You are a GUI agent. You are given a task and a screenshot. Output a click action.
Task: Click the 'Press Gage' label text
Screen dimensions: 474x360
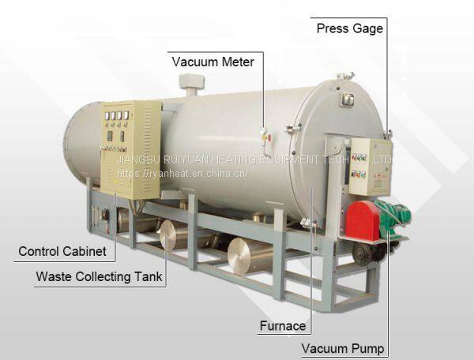click(x=349, y=29)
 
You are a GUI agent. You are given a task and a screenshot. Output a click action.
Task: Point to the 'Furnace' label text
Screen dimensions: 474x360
click(x=282, y=325)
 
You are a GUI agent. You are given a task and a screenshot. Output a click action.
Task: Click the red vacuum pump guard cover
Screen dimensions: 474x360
click(x=363, y=220)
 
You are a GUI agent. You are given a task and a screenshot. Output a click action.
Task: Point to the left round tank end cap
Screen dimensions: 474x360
click(x=167, y=234)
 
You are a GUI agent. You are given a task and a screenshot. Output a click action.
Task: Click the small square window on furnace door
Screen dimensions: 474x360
click(x=347, y=99)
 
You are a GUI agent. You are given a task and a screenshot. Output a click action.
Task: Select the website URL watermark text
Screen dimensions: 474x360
click(x=182, y=172)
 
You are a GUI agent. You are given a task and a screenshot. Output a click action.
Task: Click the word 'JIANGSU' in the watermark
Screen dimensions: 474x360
click(x=136, y=159)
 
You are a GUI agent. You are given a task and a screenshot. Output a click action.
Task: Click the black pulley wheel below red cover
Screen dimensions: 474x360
click(x=364, y=251)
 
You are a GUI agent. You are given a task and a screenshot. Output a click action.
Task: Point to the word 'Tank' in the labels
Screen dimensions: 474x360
click(x=148, y=277)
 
